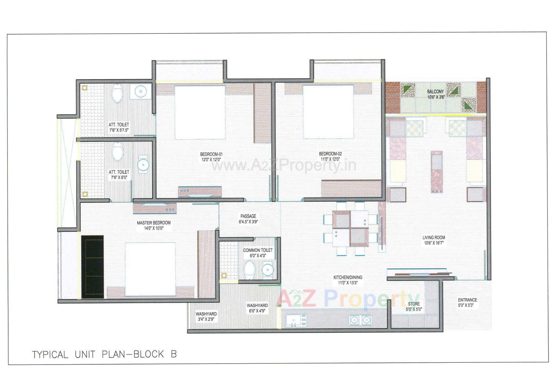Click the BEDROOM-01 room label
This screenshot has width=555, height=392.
(x=211, y=154)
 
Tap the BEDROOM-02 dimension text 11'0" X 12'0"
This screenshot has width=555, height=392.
(x=330, y=159)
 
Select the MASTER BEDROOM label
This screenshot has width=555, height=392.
(x=153, y=223)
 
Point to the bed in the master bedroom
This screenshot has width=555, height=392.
(x=150, y=269)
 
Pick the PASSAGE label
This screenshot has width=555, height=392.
(x=248, y=216)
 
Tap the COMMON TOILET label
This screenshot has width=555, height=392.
(x=258, y=250)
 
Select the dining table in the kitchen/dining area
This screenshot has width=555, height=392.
(x=350, y=229)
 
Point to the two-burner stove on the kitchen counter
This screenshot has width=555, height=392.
(x=360, y=320)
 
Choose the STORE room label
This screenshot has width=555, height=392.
(x=414, y=304)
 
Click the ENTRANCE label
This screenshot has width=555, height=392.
(x=467, y=300)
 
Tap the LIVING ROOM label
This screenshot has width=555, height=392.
(x=434, y=237)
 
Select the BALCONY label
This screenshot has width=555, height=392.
(x=435, y=92)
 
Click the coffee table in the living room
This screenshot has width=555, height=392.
(x=436, y=172)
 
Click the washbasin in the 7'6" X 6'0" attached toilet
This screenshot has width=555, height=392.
(x=143, y=165)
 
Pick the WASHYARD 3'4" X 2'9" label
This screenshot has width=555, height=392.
(x=206, y=314)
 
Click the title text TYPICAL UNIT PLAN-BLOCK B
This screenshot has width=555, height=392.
(x=104, y=354)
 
